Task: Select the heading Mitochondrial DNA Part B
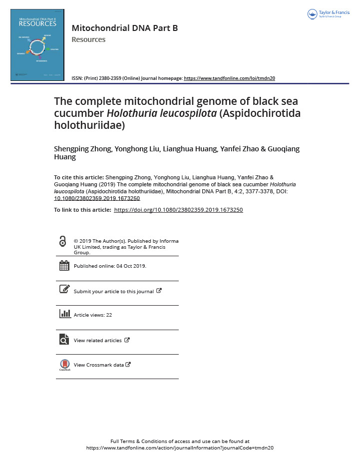125,28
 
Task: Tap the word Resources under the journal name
88,39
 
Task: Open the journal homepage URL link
229,78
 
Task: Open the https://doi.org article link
178,210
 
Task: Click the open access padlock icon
62,242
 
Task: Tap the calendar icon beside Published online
64,266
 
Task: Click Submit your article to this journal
113,291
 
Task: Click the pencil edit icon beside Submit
64,289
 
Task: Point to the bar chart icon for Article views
64,314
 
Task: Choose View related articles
97,340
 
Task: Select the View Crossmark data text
98,365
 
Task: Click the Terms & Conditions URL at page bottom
180,448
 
